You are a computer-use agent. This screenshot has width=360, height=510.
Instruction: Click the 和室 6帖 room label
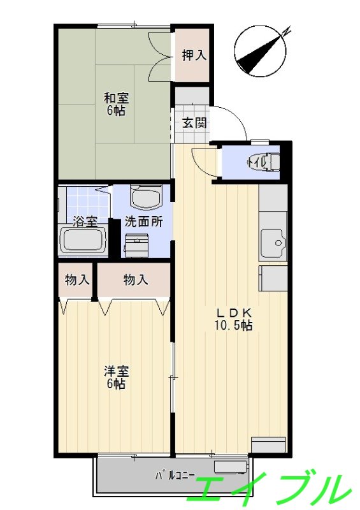(x=116, y=104)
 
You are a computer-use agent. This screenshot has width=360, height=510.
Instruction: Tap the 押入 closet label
(x=194, y=55)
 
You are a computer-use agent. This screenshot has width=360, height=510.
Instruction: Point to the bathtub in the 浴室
(x=82, y=241)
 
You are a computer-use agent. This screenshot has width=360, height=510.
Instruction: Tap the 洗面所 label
(x=143, y=222)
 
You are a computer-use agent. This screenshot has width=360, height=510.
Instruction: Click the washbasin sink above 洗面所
(x=146, y=196)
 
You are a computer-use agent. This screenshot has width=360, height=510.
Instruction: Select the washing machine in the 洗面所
(x=136, y=245)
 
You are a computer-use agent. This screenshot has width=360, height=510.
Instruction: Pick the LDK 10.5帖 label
(x=234, y=319)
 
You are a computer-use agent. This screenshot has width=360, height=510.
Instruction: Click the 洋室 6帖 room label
(x=116, y=377)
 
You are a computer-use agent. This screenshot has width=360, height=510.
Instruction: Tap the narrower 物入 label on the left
(x=76, y=279)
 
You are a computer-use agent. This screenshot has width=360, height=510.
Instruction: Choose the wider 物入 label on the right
(x=135, y=279)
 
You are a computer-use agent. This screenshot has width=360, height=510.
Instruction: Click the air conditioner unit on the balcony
(x=230, y=467)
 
